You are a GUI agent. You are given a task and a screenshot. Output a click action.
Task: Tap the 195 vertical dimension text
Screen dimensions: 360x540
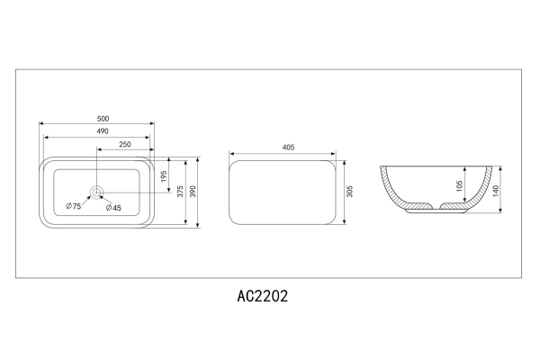point(165,175)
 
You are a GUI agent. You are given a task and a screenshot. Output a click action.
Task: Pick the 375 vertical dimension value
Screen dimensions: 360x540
point(180,192)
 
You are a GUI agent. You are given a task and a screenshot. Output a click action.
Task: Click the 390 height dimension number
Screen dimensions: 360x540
point(194,192)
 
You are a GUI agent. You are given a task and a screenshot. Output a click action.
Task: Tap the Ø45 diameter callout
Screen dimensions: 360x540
point(113,208)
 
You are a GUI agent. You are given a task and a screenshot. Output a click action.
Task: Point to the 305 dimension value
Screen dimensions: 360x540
point(349,191)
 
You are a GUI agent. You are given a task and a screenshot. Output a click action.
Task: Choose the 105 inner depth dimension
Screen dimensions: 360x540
point(459,185)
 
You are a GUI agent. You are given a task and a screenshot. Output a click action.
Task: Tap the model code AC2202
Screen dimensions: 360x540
point(261,294)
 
